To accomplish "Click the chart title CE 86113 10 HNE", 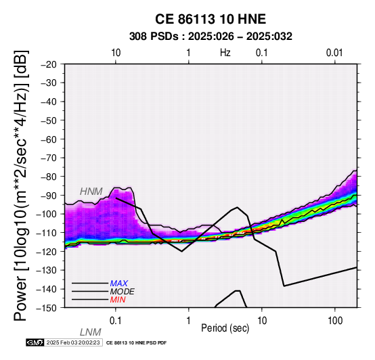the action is pos(211,19).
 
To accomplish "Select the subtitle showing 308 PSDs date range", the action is pos(211,37).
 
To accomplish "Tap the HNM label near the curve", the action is pos(91,192).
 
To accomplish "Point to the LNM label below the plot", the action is pos(91,332).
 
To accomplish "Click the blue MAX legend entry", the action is pos(118,284).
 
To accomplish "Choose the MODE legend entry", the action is pos(122,292).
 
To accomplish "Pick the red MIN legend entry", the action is pos(118,300).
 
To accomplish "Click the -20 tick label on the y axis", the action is pos(49,64).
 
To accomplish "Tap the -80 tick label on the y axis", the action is pos(49,177).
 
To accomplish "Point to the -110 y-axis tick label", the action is pos(47,233).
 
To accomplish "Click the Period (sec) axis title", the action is pos(225,328).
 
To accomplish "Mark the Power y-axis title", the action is pos(21,185).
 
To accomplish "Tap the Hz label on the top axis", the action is pos(225,53).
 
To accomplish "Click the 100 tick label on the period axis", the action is pos(335,321).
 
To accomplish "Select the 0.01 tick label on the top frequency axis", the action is pos(334,53).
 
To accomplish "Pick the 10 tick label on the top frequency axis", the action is pos(116,53).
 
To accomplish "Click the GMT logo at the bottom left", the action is pos(35,342).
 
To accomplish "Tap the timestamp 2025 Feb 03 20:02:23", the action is pos(73,342).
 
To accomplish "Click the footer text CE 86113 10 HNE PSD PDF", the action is pos(136,343).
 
